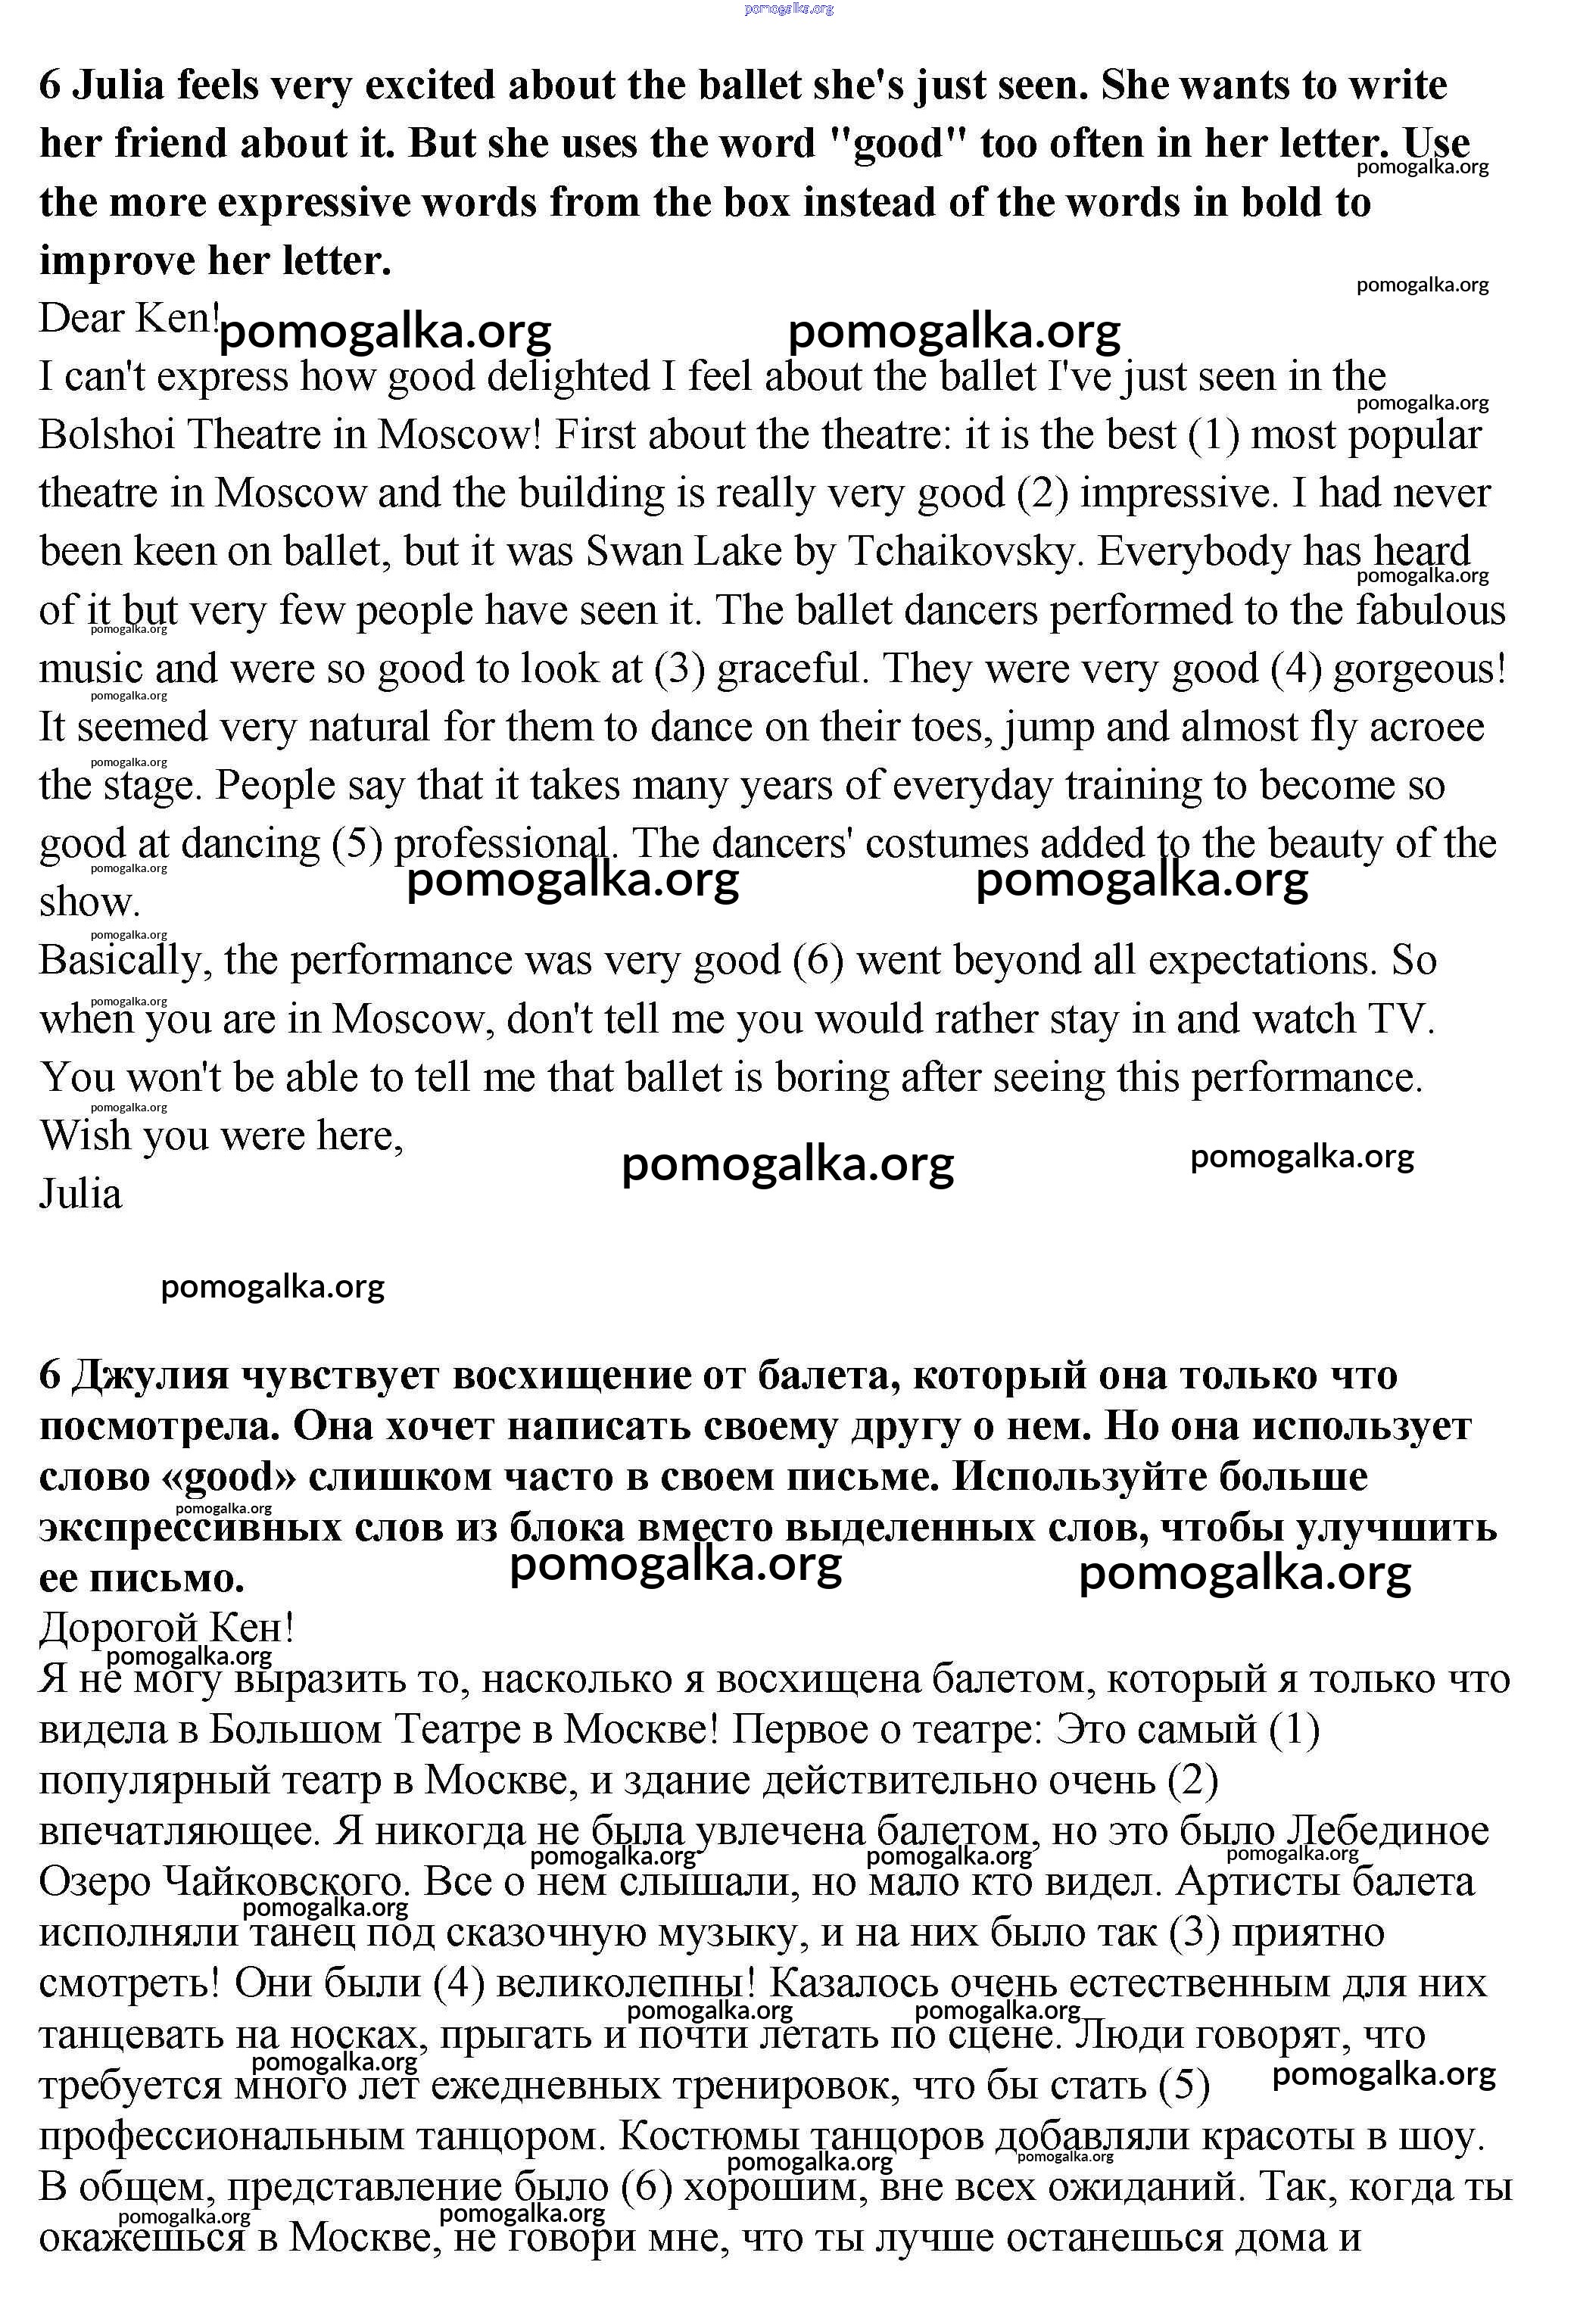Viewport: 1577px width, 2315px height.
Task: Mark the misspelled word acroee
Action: [1426, 728]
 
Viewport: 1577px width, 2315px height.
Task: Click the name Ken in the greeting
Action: [177, 319]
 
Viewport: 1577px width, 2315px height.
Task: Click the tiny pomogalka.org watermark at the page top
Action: [788, 9]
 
